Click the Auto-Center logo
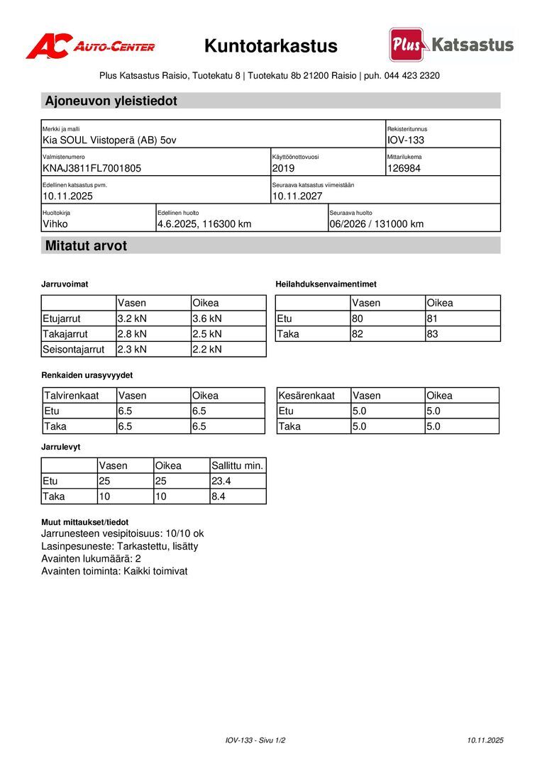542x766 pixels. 90,47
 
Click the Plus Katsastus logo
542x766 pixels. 451,45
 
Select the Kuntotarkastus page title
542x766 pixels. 271,46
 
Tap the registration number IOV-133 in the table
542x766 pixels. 406,140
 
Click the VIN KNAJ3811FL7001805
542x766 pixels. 92,168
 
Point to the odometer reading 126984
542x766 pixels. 404,168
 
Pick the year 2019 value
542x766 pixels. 283,168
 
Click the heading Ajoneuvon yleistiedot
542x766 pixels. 111,101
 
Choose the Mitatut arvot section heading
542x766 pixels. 86,246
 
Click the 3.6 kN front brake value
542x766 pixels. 207,318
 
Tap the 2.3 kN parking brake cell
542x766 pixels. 132,349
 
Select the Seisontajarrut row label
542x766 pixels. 74,349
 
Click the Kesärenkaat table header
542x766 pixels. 306,395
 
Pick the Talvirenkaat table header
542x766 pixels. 71,395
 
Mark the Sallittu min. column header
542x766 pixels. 237,465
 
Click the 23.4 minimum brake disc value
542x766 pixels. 221,481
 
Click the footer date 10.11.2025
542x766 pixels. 485,740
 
